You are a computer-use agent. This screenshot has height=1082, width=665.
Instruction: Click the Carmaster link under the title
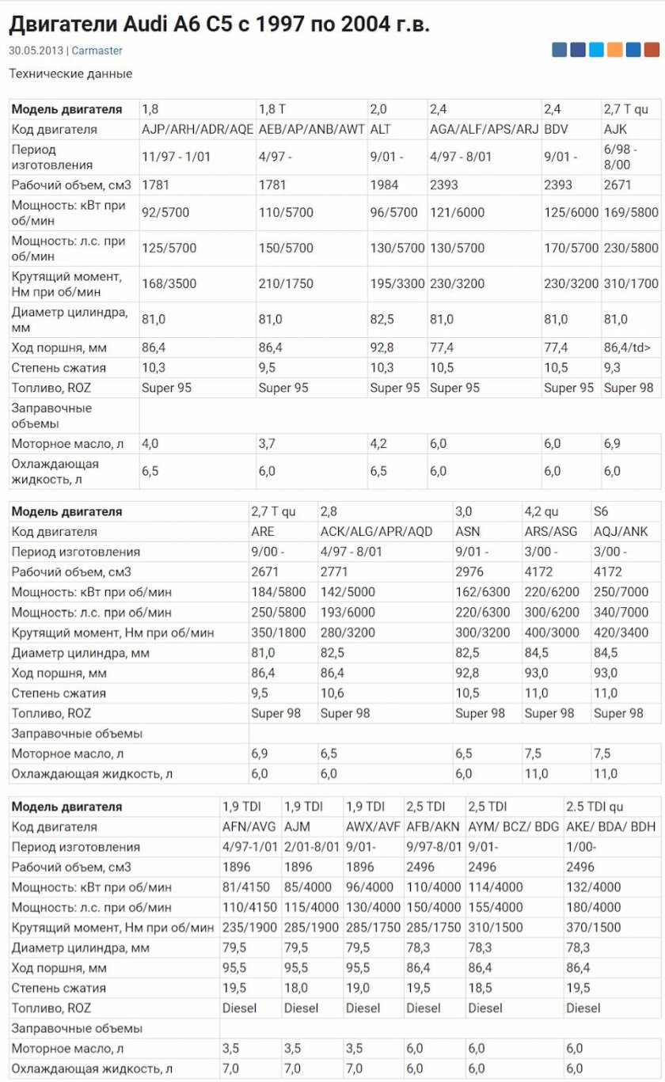[97, 51]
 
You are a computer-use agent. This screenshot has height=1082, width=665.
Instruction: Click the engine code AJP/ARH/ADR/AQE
[197, 129]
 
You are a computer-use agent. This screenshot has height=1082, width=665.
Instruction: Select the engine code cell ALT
[382, 129]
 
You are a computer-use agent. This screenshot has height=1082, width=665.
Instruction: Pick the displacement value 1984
[385, 184]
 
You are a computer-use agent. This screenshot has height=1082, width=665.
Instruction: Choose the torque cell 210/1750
[286, 283]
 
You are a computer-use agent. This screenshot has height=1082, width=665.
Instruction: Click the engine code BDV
[557, 129]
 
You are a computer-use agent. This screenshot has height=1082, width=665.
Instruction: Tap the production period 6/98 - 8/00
[617, 157]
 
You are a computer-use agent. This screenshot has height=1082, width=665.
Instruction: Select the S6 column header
[601, 511]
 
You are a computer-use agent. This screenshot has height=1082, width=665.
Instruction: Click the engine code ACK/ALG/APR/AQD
[376, 531]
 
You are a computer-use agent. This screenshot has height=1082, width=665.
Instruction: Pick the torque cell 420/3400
[621, 632]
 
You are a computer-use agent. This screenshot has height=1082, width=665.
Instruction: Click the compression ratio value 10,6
[332, 693]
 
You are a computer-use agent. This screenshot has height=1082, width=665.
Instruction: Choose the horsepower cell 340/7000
[621, 612]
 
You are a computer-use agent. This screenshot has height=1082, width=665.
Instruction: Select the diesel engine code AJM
[297, 826]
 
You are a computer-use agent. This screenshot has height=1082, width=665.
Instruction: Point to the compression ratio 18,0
[297, 988]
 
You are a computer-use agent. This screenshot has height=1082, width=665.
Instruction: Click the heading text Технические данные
[70, 74]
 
